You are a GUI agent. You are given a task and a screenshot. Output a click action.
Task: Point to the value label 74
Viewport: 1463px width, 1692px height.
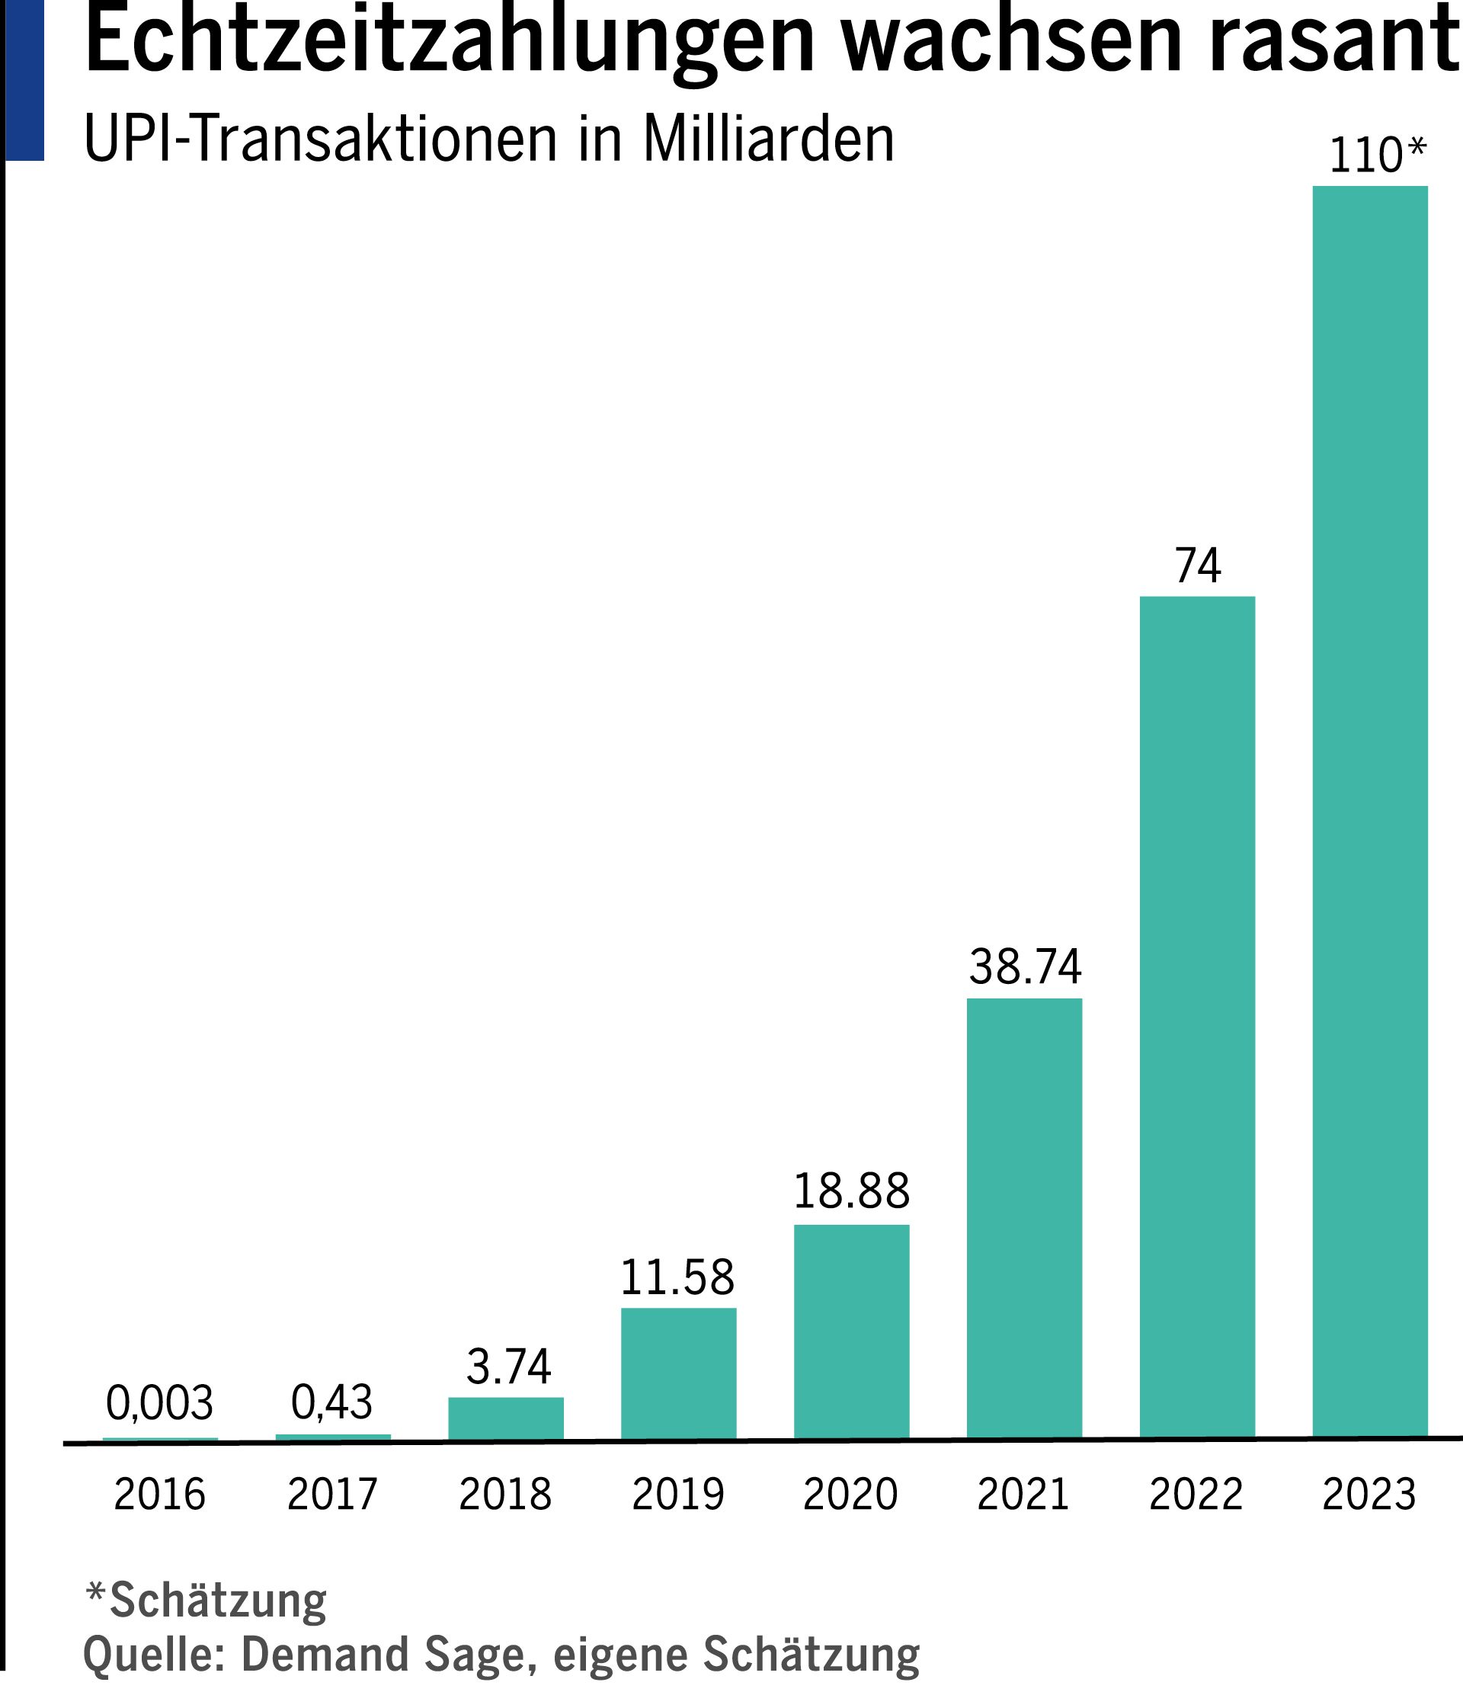(1198, 566)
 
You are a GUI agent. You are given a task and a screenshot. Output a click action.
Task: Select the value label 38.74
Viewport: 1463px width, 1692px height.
(1025, 967)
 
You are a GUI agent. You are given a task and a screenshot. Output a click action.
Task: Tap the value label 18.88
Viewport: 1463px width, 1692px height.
(852, 1191)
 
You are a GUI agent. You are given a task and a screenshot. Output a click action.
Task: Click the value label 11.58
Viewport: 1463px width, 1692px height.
(677, 1278)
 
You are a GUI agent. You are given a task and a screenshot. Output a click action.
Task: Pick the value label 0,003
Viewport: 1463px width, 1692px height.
(159, 1403)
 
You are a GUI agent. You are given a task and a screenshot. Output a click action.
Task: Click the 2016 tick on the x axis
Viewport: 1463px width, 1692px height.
(159, 1495)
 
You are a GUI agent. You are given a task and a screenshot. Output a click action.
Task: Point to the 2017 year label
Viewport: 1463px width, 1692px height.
(331, 1495)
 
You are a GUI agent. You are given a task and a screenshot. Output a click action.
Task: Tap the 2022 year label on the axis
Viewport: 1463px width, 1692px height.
(1196, 1495)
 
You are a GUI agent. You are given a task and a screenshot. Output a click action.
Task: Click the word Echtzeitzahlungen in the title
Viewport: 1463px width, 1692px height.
(450, 41)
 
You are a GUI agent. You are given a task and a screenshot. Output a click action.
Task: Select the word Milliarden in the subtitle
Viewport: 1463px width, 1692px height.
(768, 139)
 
